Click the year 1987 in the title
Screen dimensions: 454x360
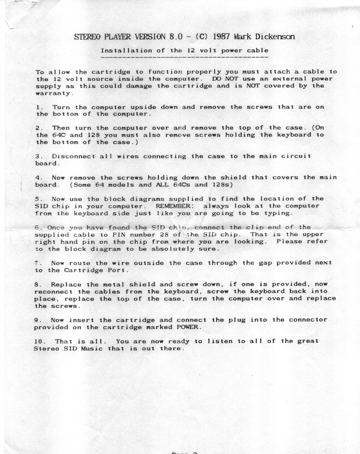click(221, 36)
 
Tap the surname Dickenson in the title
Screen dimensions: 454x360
click(273, 36)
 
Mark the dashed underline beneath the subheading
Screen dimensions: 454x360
click(184, 57)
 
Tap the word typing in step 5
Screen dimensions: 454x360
click(278, 213)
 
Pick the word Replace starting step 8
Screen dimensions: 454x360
click(64, 284)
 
